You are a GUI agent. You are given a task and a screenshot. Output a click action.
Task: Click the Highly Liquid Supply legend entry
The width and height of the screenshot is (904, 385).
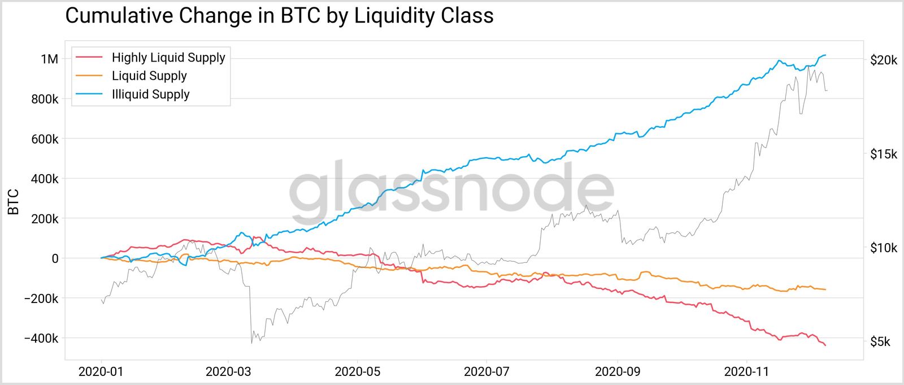pos(168,58)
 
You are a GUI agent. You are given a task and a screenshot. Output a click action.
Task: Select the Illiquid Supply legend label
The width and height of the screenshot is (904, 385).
pos(150,94)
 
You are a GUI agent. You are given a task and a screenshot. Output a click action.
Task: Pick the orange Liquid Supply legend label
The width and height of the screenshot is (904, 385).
pos(149,76)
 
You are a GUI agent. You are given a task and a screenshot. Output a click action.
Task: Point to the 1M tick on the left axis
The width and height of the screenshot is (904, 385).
pos(49,59)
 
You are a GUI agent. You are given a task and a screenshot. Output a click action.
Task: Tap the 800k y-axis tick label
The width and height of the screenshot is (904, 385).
pos(45,99)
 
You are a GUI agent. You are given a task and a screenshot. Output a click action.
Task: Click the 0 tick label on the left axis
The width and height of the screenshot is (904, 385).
pos(55,258)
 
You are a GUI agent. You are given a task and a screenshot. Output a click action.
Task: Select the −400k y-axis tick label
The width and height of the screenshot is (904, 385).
pos(41,339)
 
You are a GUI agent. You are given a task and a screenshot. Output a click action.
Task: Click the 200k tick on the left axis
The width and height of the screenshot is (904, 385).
pos(45,219)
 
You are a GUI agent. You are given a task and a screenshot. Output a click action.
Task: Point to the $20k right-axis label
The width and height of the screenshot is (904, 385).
pos(883,60)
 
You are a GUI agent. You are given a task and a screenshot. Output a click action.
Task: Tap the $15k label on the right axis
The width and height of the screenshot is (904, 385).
pos(883,154)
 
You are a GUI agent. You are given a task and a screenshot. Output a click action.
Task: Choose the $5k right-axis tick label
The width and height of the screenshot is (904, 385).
pos(880,341)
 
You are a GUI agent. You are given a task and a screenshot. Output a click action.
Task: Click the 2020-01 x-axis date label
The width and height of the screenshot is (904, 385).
pos(102,371)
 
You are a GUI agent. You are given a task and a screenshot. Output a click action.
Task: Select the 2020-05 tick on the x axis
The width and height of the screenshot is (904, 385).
pos(358,371)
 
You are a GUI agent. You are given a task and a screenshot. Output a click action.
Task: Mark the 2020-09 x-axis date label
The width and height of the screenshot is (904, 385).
pos(618,371)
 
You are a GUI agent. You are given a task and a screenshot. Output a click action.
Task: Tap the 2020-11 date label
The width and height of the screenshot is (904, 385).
pos(747,371)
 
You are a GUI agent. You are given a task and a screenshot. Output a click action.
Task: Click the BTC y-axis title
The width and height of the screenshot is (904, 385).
pos(14,202)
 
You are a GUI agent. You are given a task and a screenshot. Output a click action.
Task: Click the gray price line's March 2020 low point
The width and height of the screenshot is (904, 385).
pos(251,343)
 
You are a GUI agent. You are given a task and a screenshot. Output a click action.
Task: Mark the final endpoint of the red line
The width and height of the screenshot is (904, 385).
pos(825,345)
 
